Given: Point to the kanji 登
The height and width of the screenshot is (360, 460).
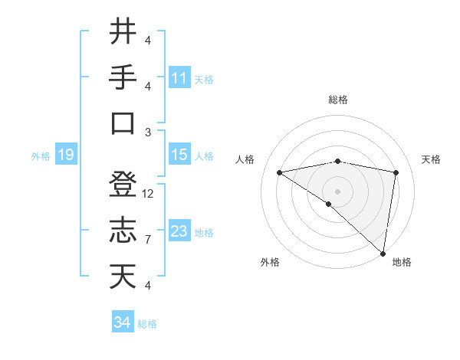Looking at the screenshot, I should (x=123, y=185).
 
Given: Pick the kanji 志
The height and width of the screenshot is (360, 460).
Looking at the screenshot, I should (x=123, y=231).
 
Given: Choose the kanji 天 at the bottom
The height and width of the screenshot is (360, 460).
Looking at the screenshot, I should (x=123, y=277).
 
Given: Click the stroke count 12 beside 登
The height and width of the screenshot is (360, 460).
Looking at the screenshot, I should (x=148, y=194).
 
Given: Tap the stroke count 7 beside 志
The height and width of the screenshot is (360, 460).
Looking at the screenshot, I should (x=148, y=240).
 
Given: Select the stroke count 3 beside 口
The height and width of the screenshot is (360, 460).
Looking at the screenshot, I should (x=148, y=132).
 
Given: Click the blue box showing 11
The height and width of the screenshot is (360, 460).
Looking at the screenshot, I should (x=179, y=78).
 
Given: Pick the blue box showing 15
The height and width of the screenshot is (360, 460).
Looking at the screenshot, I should (x=179, y=155).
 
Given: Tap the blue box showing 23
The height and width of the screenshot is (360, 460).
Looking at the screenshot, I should (x=179, y=231).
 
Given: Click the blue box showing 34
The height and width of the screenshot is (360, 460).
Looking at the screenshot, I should (x=123, y=322).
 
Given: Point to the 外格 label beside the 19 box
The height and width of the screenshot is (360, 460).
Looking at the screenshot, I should (x=41, y=156).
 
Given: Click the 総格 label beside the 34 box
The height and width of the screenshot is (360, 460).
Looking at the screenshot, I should (x=147, y=324).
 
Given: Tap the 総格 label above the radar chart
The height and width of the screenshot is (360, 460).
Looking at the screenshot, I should (x=338, y=100).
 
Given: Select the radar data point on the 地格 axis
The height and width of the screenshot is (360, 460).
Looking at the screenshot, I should (x=383, y=254).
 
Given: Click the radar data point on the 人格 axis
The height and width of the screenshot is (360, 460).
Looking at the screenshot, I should (x=280, y=172).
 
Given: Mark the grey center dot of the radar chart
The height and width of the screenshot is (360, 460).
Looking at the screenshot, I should (x=337, y=190).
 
